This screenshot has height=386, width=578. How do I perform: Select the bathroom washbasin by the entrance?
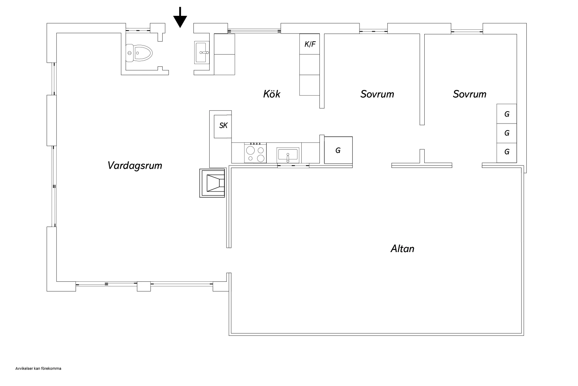pos(202,52)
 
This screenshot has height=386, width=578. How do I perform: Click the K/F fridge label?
pos(310,44)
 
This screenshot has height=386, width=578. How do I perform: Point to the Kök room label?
pos(272,94)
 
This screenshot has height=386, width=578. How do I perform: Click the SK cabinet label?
pos(223,125)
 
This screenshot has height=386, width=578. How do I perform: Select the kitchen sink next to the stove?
pos(288,155)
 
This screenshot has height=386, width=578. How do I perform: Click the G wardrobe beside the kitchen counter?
pos(338,150)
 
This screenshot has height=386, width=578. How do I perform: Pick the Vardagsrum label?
pos(135,166)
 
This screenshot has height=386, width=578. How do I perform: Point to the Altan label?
pos(402,249)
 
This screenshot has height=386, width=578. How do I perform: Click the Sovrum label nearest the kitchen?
pos(377,94)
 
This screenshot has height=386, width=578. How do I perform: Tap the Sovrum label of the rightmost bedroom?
pos(469,94)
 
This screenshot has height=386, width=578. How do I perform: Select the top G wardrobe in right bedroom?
pos(507,114)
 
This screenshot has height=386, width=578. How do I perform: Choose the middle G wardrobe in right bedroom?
pos(507,133)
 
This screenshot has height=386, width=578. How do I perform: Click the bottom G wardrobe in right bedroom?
pos(507,152)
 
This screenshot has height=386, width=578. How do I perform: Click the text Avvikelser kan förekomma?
pos(38,369)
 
